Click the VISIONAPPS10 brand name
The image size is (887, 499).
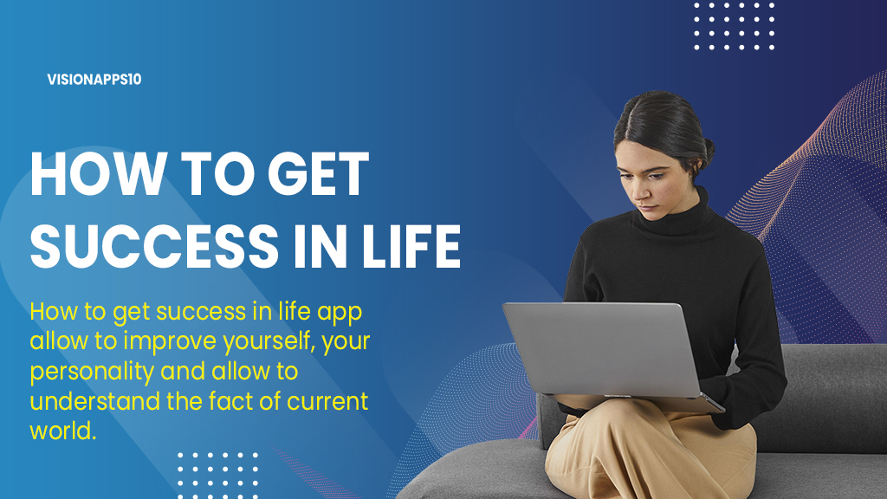(x=94, y=79)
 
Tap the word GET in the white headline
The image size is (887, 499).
(x=318, y=174)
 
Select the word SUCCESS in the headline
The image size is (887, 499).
(x=154, y=246)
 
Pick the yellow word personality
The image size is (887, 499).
(x=92, y=373)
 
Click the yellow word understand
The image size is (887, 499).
(x=95, y=401)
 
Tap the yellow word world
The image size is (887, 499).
(x=62, y=431)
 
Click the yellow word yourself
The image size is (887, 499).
(x=269, y=341)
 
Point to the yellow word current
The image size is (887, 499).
(x=327, y=402)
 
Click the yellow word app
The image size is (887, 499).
(x=340, y=313)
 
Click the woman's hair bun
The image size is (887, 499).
(x=707, y=149)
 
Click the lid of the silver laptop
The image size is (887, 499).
(x=602, y=348)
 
